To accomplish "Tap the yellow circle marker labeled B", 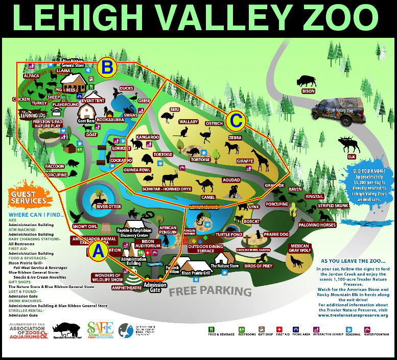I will (108, 67).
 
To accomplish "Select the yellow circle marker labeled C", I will (236, 121).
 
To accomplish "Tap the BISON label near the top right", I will (308, 91).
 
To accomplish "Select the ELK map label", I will (352, 156).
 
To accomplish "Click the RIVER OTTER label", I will (108, 207).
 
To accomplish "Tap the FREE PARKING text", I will (211, 292).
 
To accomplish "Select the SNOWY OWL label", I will (84, 227).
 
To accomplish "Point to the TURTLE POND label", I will (228, 234).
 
